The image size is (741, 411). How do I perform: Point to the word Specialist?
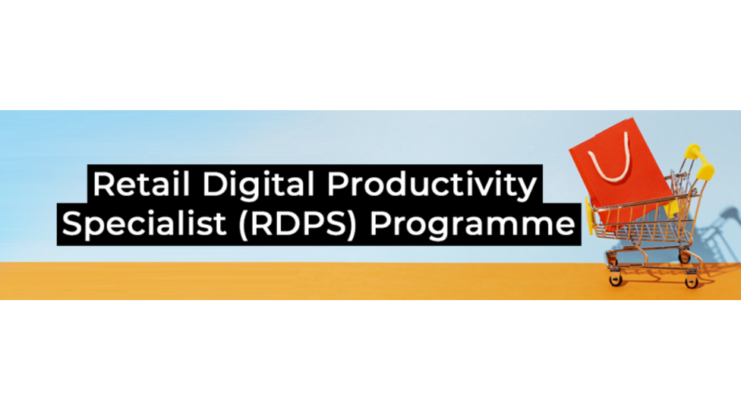143,223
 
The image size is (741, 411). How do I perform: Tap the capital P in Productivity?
337,184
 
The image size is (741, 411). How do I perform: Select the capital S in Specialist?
72,223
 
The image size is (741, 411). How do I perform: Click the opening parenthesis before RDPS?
244,224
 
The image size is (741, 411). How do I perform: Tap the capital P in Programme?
380,223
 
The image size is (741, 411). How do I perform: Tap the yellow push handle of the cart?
700,161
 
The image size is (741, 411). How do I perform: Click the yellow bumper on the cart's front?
588,215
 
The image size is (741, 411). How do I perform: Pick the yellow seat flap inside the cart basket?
670,208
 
